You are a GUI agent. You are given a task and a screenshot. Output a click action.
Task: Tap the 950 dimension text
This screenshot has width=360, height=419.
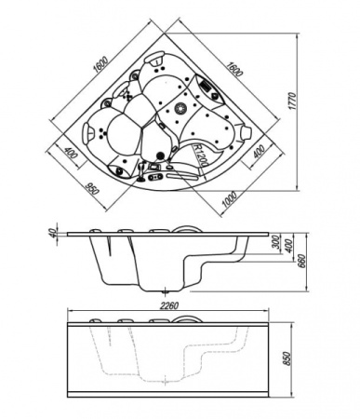91,189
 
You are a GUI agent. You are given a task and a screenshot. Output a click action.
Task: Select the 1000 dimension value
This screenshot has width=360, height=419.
230,198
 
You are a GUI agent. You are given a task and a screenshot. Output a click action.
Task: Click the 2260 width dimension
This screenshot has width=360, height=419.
169,305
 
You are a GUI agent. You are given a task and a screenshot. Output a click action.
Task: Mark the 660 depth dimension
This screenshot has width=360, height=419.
302,261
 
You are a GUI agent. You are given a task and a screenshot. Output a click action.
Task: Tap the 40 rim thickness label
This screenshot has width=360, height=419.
52,232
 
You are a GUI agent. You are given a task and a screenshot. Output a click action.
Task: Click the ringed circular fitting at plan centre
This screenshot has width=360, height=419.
180,109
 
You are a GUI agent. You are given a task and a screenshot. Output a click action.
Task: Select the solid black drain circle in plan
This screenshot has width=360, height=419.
160,155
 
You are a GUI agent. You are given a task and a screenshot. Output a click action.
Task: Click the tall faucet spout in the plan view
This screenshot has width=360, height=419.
141,171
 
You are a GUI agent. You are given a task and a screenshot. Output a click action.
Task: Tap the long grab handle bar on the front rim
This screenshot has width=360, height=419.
182,177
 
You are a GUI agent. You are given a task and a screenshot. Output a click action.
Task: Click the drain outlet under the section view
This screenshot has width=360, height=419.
166,291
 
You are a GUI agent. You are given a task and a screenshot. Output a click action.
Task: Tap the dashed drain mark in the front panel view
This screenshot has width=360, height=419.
166,379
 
